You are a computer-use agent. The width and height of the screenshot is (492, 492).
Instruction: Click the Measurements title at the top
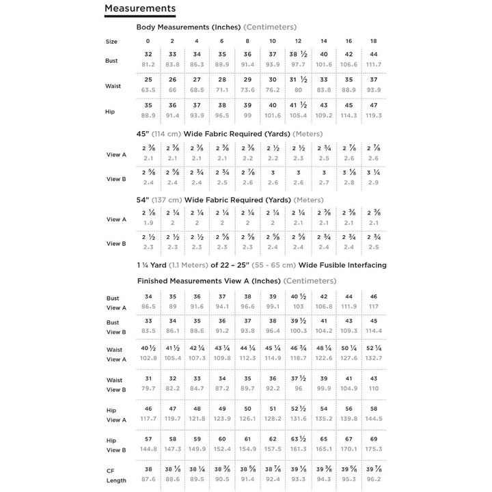click(x=139, y=8)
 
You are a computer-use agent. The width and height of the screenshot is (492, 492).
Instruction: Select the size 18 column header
click(x=374, y=41)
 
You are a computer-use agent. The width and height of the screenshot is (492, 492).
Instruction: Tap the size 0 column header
click(x=148, y=41)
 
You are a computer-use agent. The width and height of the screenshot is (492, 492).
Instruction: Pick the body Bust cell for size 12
click(x=298, y=59)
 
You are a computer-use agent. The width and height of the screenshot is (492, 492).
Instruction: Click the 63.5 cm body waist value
click(x=148, y=89)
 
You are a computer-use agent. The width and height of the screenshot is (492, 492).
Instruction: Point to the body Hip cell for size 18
click(x=374, y=110)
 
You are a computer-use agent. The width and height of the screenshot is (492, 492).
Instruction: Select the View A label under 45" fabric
click(x=116, y=154)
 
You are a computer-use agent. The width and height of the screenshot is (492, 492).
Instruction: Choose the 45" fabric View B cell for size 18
click(x=374, y=178)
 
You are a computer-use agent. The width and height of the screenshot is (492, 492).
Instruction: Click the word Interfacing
click(x=364, y=264)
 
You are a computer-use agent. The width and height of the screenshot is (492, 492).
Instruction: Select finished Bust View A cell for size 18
click(x=374, y=302)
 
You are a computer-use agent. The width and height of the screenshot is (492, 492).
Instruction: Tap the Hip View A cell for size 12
click(x=298, y=413)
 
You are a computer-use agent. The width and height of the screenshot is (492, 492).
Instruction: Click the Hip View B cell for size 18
click(x=374, y=443)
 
